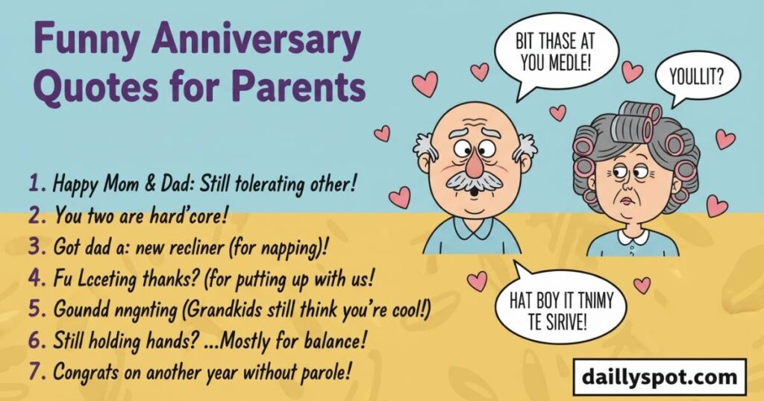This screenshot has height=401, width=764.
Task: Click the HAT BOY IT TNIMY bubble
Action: pyautogui.click(x=565, y=306)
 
